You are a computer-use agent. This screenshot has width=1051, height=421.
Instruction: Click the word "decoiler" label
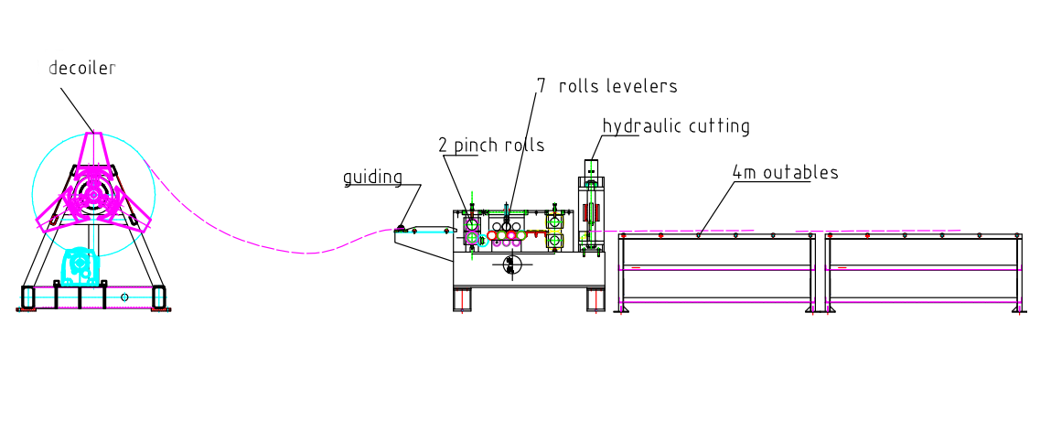click(82, 69)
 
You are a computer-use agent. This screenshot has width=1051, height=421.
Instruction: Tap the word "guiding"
click(372, 177)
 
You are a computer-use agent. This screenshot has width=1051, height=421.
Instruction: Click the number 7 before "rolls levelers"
click(542, 86)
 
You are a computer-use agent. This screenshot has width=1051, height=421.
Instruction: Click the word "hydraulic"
click(638, 126)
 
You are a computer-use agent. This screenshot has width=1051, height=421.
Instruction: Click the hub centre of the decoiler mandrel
click(91, 195)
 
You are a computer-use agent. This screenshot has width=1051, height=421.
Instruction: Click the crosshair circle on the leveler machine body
click(511, 264)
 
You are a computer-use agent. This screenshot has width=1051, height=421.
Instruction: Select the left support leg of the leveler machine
click(463, 299)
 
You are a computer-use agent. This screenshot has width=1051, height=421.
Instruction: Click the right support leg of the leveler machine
click(595, 299)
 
